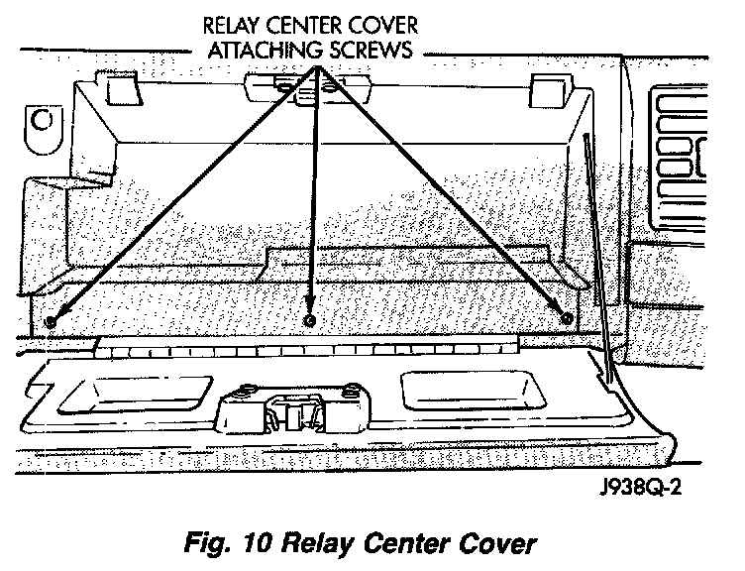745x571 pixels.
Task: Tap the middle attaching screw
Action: click(x=310, y=320)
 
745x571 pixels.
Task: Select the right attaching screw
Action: click(x=566, y=318)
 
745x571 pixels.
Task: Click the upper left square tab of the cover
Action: click(x=120, y=89)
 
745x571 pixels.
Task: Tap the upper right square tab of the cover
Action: click(x=547, y=88)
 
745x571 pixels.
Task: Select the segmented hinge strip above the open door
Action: click(x=307, y=350)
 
